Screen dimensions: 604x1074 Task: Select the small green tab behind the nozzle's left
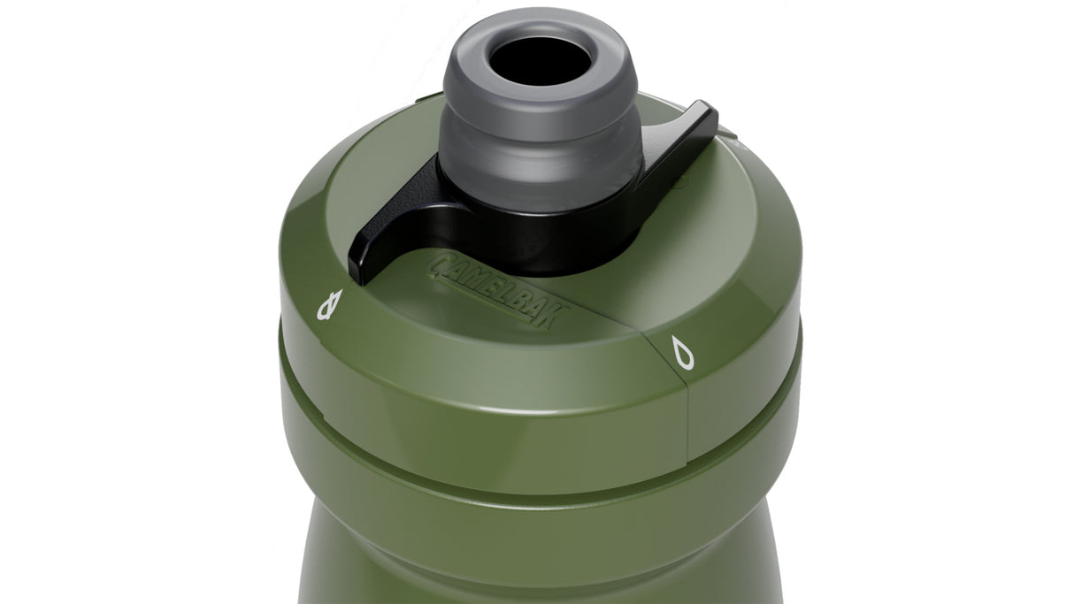pyautogui.click(x=428, y=96)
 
